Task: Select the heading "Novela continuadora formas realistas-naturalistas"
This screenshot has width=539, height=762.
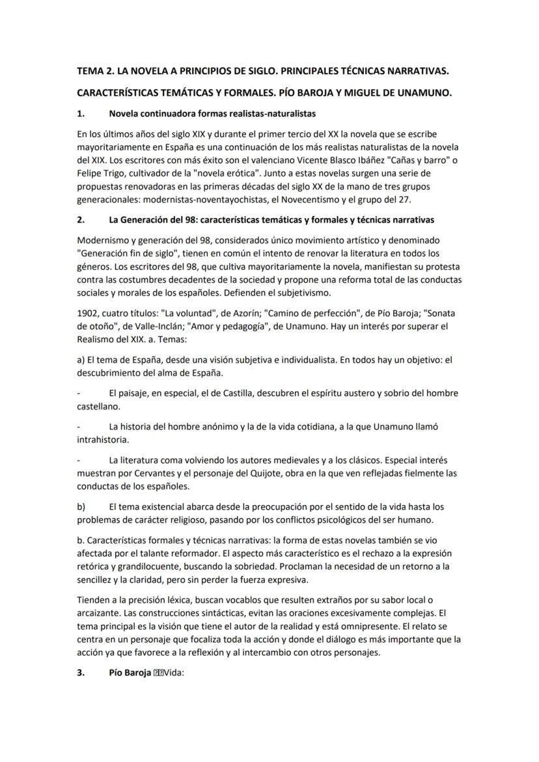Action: pyautogui.click(x=212, y=114)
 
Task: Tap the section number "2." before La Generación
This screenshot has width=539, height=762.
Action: pyautogui.click(x=81, y=220)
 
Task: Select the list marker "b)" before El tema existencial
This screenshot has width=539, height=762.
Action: pyautogui.click(x=81, y=506)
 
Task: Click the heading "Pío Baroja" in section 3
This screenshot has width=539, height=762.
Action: pyautogui.click(x=130, y=674)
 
